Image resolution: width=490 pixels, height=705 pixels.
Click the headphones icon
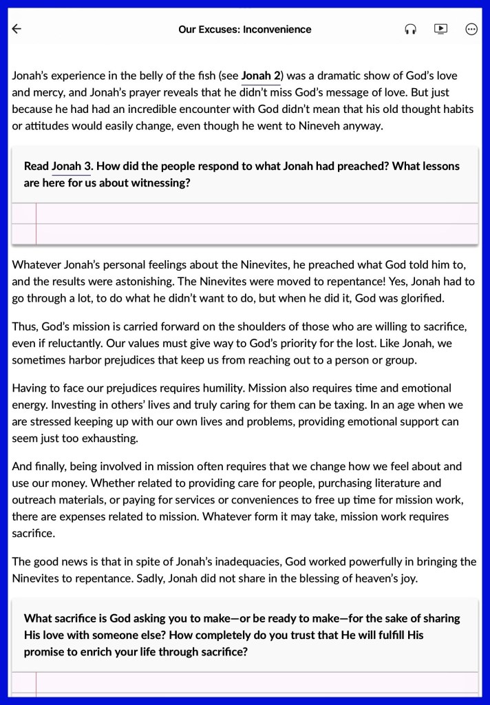click(x=411, y=29)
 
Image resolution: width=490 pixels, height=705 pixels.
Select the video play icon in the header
click(x=441, y=29)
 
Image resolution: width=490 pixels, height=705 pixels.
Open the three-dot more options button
click(x=471, y=29)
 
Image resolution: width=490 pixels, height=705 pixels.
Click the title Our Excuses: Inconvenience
click(x=244, y=29)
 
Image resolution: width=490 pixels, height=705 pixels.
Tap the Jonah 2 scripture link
click(x=261, y=76)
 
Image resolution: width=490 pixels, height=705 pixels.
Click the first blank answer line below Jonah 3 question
click(x=255, y=214)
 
